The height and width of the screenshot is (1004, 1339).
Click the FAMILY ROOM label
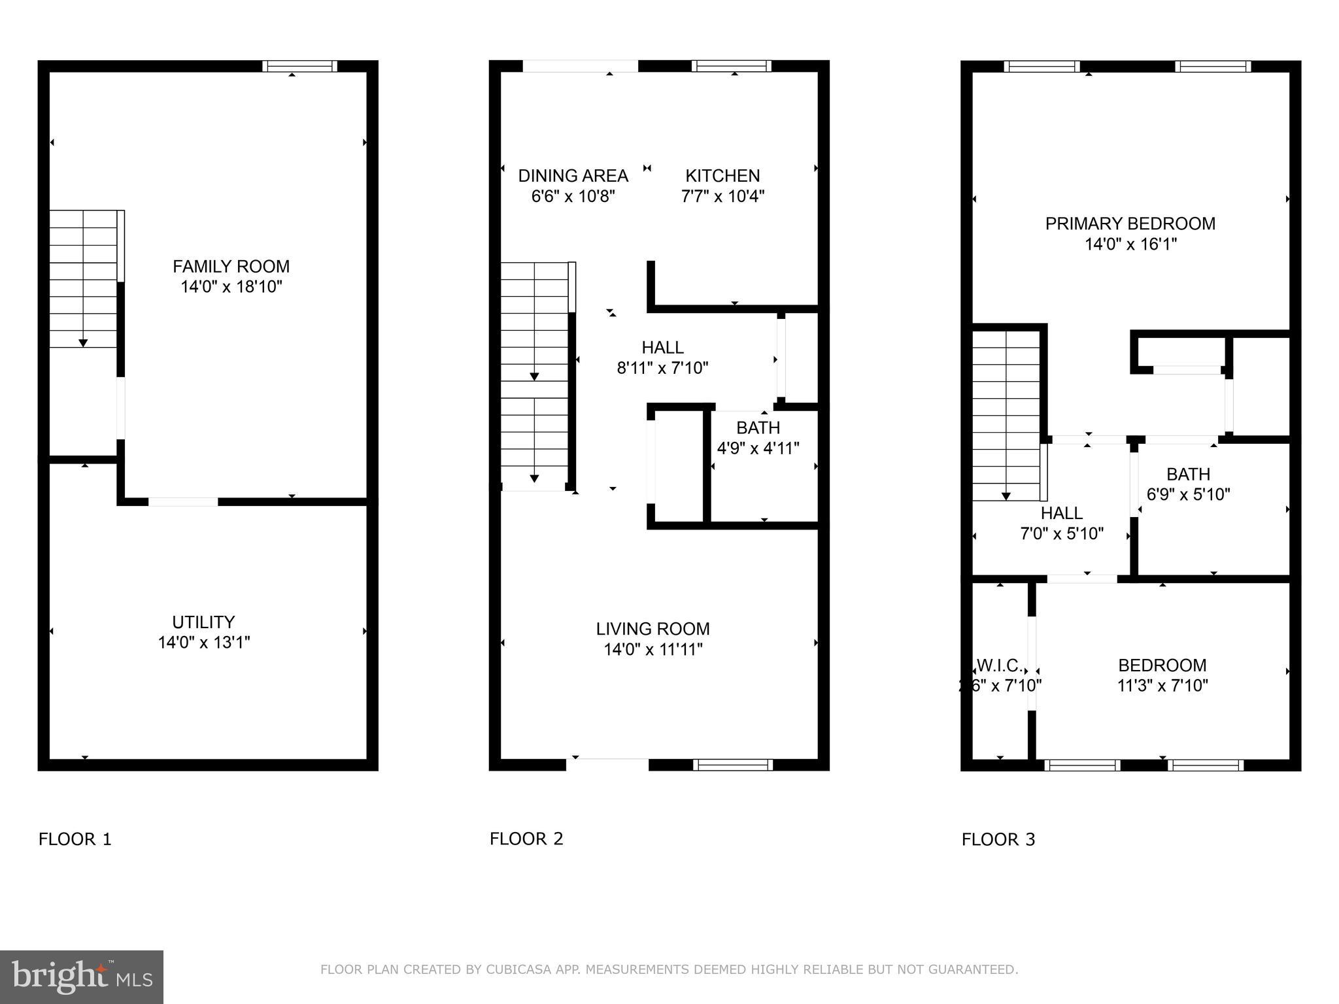(231, 266)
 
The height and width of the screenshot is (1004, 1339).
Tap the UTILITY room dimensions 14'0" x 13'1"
(204, 643)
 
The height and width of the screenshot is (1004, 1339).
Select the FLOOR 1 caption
(75, 839)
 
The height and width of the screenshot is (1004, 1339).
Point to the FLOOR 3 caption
(998, 840)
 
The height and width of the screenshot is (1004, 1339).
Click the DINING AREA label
(573, 176)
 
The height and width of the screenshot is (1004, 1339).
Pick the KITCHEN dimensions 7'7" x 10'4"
(722, 196)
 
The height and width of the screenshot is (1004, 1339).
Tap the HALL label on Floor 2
(662, 348)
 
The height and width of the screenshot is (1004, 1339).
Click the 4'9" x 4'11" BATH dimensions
(758, 448)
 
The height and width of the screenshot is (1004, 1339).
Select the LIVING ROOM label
(653, 629)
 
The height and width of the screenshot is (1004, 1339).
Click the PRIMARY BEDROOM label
(1130, 224)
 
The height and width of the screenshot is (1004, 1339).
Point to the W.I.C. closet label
(1000, 665)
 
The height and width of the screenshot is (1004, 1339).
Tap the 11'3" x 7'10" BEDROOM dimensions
(1162, 686)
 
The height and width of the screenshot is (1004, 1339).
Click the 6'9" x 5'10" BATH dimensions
(1188, 495)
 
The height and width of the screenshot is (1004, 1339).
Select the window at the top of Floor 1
(300, 66)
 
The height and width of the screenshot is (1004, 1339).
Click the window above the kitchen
(731, 66)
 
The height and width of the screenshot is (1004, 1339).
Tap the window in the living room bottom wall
(733, 765)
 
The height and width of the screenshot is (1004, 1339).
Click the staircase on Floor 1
(84, 279)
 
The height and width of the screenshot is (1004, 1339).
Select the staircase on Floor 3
(1006, 416)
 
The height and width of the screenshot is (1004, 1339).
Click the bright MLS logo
(82, 977)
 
